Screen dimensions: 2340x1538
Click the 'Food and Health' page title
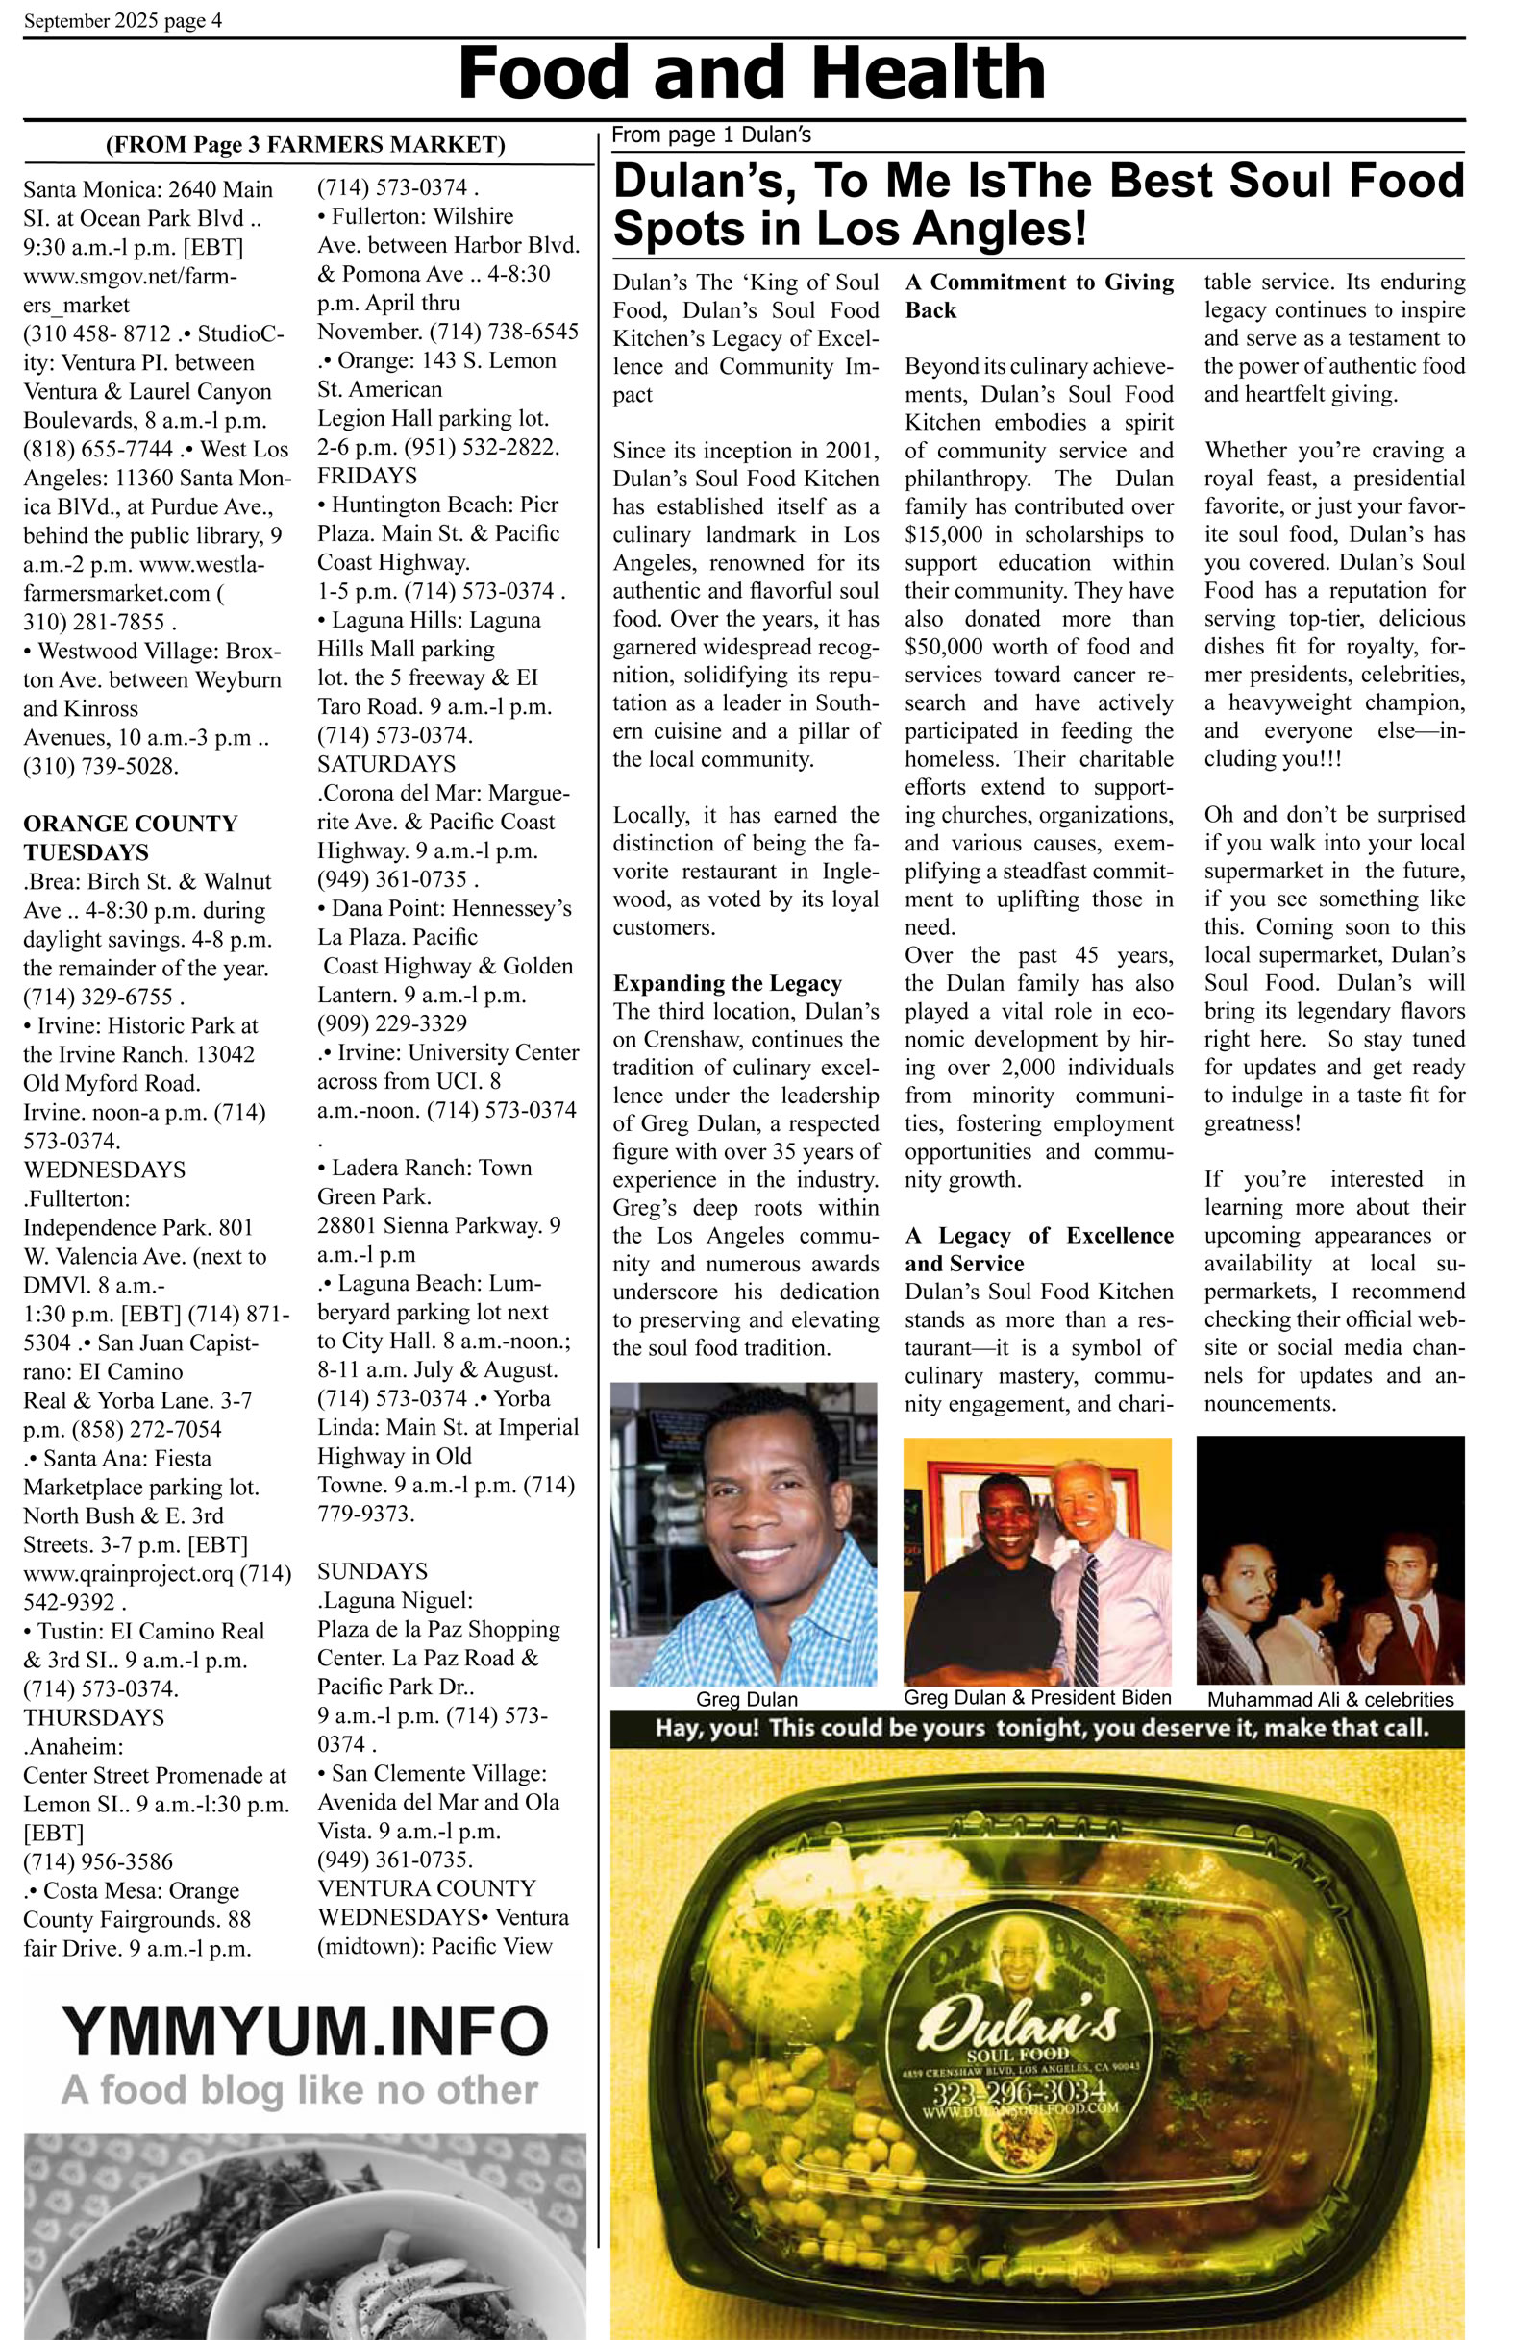point(752,74)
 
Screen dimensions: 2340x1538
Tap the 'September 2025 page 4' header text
point(123,20)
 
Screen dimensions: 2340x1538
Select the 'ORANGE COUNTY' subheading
point(130,823)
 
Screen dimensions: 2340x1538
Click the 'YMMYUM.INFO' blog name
point(304,2031)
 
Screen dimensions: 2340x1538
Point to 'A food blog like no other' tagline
point(299,2089)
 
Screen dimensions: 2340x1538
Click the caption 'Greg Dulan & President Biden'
point(1037,1698)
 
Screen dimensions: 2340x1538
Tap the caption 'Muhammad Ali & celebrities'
point(1329,1700)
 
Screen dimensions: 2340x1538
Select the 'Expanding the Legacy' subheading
point(727,983)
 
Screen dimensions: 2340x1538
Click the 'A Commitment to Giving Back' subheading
point(1038,296)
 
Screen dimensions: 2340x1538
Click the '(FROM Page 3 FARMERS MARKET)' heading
point(305,145)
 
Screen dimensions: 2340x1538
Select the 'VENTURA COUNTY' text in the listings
point(426,1888)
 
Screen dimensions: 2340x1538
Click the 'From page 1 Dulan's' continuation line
point(711,135)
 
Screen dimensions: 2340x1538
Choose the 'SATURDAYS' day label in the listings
point(385,764)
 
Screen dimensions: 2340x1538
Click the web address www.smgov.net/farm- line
point(130,276)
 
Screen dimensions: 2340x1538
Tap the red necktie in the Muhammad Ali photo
point(1422,1626)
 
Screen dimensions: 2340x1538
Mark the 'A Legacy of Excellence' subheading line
point(1038,1236)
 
